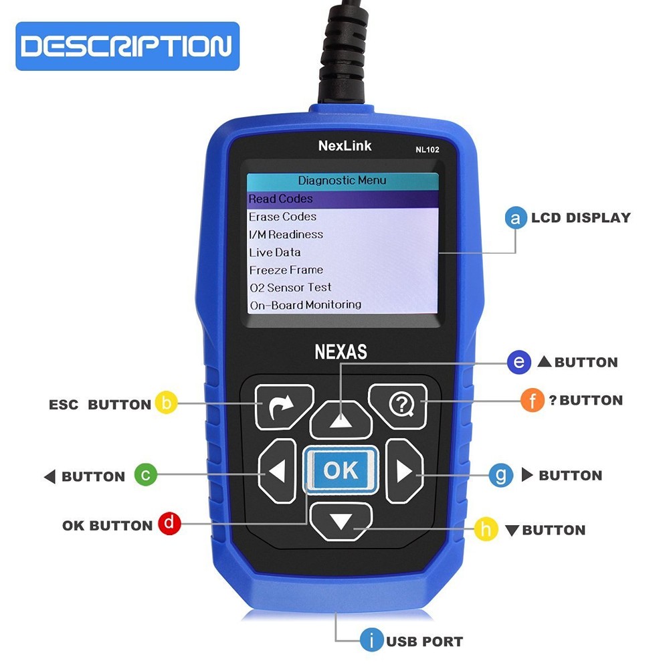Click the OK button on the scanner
tap(341, 470)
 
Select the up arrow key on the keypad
tap(341, 419)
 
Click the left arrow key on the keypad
tap(277, 471)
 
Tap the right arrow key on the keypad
tap(405, 471)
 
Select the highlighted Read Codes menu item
tap(281, 199)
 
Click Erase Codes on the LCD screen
tap(282, 217)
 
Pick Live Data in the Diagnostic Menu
tap(275, 252)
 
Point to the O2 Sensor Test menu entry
tap(290, 288)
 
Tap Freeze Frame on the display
tap(286, 270)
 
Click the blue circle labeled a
tap(515, 218)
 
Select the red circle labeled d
tap(169, 524)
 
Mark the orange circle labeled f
tap(532, 400)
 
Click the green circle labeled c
tap(146, 474)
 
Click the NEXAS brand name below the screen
tap(341, 352)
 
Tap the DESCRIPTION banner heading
tap(127, 46)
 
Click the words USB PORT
tap(424, 642)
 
